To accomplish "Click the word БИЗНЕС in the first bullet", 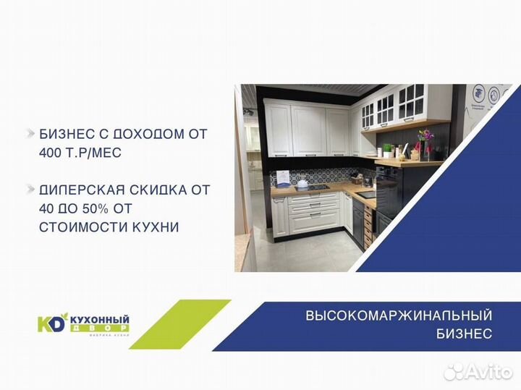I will [65, 134].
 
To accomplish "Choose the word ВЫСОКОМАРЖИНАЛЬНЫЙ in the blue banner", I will [399, 315].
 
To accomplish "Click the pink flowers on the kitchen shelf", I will [424, 135].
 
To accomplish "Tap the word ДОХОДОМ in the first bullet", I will [153, 134].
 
